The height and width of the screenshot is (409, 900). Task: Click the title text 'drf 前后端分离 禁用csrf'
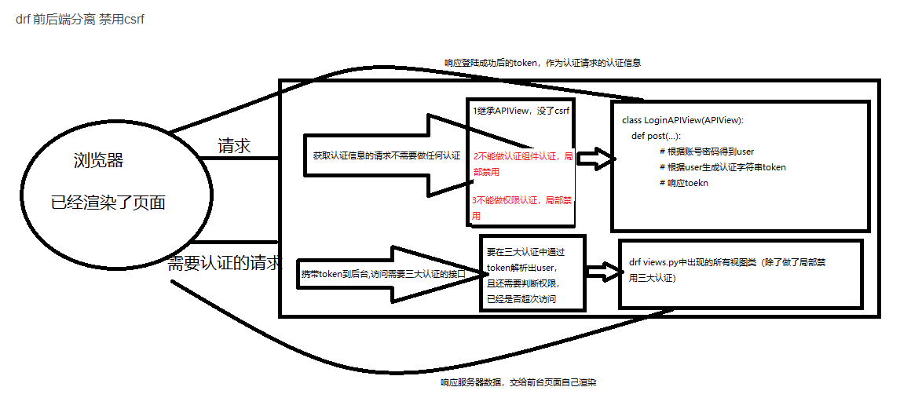click(79, 20)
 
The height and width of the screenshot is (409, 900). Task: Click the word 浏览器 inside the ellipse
click(98, 161)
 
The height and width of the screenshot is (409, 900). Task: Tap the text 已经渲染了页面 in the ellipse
click(108, 202)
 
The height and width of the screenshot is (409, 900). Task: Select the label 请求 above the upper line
click(234, 145)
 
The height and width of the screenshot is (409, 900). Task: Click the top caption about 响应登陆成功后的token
click(542, 63)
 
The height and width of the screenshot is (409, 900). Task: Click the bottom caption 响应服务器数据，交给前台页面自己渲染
click(518, 383)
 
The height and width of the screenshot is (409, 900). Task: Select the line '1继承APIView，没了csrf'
click(521, 111)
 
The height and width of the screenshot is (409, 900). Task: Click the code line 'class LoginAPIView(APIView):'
click(682, 120)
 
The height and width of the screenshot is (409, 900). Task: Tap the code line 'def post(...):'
click(656, 136)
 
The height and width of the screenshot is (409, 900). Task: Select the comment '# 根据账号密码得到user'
click(707, 152)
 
